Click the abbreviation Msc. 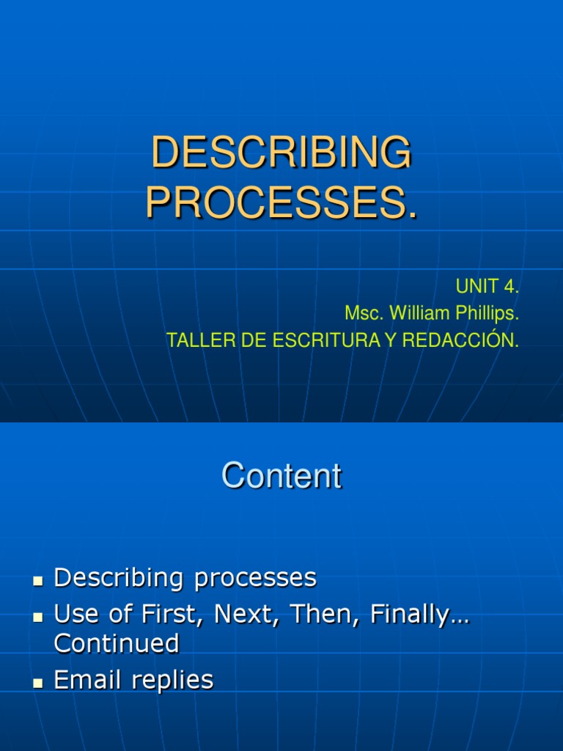364,314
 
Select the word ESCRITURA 302,341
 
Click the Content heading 281,476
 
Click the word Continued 117,643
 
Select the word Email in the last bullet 87,680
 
